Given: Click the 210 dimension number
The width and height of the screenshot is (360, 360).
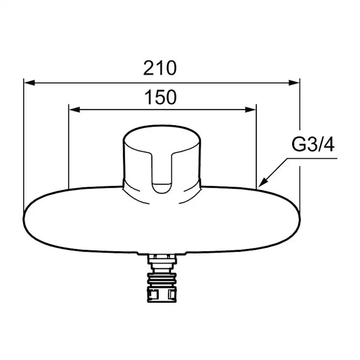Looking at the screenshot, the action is coord(160,68).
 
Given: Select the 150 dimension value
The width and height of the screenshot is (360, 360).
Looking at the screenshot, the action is coord(161,97).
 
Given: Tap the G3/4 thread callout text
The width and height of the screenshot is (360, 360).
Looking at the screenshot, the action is coord(313,145).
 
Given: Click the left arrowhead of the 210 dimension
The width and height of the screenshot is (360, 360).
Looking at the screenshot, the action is coord(30,83).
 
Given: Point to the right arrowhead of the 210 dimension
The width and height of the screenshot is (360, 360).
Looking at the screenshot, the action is coord(294,83).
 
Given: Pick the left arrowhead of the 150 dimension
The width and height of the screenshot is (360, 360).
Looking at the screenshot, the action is coord(74,110).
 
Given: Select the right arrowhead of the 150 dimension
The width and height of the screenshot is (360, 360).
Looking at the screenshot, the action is coord(250,110).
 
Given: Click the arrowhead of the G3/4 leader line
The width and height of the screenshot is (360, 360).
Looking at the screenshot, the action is coord(263,183).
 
